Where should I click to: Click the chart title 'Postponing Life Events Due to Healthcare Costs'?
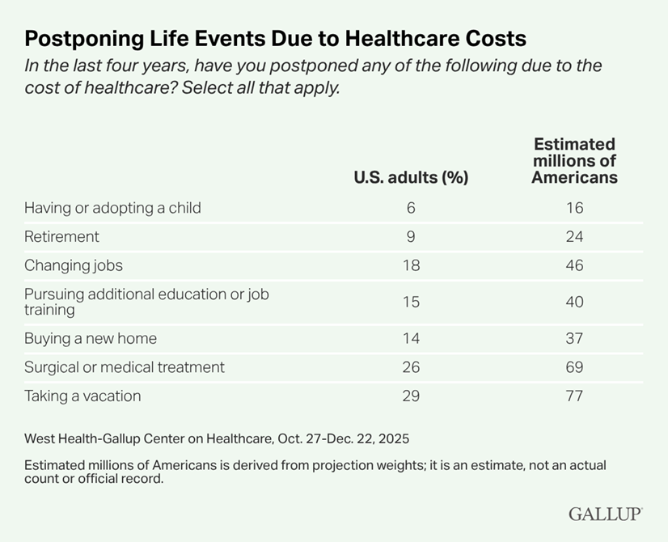tap(275, 38)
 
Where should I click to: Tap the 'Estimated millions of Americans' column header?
tap(574, 161)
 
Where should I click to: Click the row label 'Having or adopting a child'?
tap(112, 208)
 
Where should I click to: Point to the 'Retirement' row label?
tap(61, 237)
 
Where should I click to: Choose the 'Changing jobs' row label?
tap(74, 265)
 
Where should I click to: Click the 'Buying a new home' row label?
tap(90, 338)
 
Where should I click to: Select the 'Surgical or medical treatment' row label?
tap(125, 367)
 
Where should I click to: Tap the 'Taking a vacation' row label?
tap(82, 396)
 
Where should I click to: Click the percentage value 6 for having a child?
tap(411, 208)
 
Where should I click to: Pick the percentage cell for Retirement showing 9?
tap(411, 237)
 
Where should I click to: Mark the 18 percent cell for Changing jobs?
tap(411, 265)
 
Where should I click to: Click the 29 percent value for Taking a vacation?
tap(411, 396)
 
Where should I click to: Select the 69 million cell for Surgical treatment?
tap(574, 367)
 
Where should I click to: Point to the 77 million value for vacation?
tap(574, 396)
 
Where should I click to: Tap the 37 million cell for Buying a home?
tap(574, 338)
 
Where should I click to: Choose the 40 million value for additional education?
tap(574, 302)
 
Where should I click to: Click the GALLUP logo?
tap(605, 514)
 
